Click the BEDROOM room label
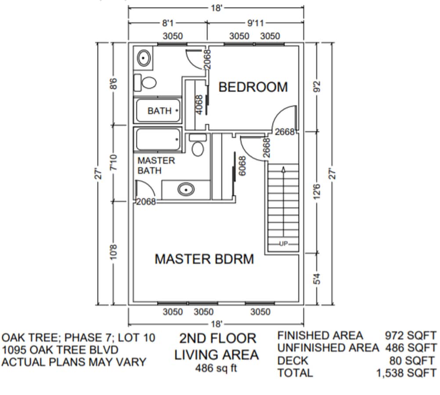point(253,87)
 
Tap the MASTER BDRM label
point(204,259)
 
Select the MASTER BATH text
point(156,165)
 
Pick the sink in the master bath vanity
point(186,190)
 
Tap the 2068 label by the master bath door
point(146,202)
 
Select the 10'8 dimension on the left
point(114,255)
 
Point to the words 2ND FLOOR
point(217,338)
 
